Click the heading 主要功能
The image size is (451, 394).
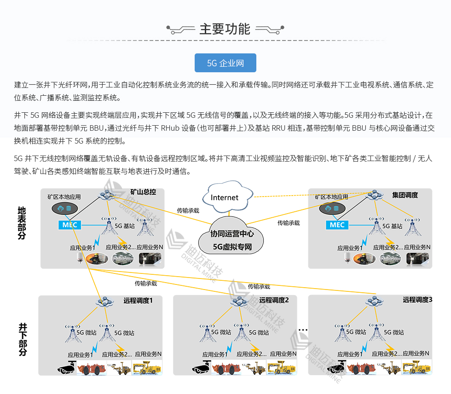(225, 29)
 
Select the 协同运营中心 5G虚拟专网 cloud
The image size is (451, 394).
(232, 240)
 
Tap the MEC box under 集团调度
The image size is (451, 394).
(337, 225)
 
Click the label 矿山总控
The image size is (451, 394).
(143, 192)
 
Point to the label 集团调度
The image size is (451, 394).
(405, 195)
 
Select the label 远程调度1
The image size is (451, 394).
(138, 301)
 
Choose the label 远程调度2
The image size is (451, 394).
(274, 300)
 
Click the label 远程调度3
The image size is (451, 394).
(417, 300)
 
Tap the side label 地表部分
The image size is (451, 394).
(22, 223)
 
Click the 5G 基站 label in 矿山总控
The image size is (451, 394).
(124, 226)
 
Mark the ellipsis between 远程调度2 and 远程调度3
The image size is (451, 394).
(302, 330)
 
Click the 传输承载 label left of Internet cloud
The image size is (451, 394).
(188, 210)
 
